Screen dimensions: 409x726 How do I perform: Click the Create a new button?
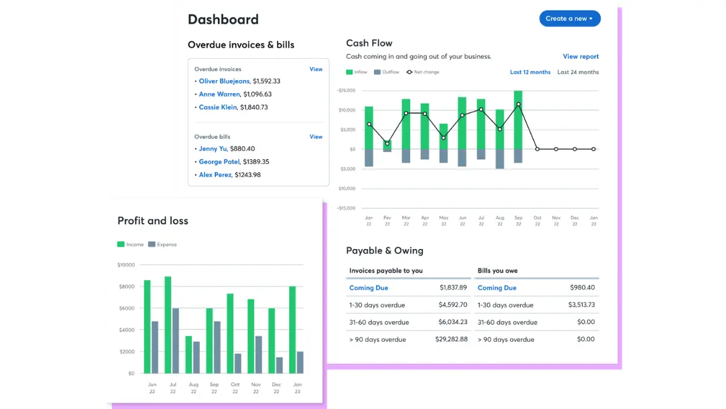569,19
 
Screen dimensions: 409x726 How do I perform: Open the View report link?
580,56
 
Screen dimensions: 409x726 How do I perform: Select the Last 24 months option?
578,72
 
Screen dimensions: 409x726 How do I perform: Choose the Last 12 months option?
530,72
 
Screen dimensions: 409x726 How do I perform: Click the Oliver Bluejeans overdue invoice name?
224,81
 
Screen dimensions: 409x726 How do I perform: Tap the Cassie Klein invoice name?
218,107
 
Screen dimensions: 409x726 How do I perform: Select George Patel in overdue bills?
219,162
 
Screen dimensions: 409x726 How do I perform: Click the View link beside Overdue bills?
316,137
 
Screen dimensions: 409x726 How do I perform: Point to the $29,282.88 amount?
451,339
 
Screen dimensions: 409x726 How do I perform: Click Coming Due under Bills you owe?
497,288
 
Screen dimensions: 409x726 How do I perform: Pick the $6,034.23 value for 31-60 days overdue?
453,322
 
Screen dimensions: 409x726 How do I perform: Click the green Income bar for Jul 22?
168,325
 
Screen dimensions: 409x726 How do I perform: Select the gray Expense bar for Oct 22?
238,364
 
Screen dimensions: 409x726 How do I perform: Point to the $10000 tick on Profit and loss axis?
126,265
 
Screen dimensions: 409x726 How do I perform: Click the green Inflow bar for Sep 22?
518,120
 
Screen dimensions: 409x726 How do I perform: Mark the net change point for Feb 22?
387,144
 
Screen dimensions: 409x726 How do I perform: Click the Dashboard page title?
223,19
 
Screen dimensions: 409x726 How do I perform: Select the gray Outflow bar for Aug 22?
500,159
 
